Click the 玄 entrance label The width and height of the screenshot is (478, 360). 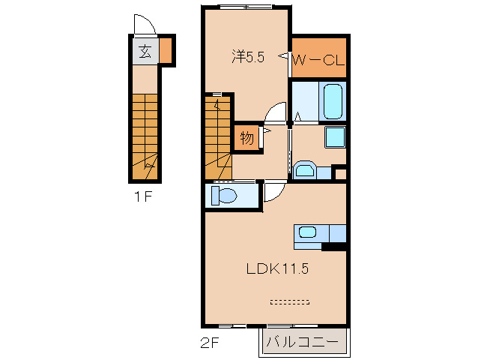pyautogui.click(x=145, y=52)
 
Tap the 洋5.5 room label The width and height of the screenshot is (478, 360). pyautogui.click(x=248, y=57)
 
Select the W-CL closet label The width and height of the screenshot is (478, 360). pyautogui.click(x=319, y=61)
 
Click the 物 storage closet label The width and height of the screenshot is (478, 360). pyautogui.click(x=247, y=138)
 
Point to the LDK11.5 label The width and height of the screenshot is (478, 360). pyautogui.click(x=277, y=268)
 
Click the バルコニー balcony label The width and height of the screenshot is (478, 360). pyautogui.click(x=303, y=342)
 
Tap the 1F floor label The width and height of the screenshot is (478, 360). pyautogui.click(x=143, y=196)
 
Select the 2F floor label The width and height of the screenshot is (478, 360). pyautogui.click(x=210, y=343)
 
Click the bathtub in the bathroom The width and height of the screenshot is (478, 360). pyautogui.click(x=333, y=101)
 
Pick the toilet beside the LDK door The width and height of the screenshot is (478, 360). pyautogui.click(x=224, y=196)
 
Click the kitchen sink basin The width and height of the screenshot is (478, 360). pyautogui.click(x=307, y=232)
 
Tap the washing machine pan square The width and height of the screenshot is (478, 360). pyautogui.click(x=335, y=137)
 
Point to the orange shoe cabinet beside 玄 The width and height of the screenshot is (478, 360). pyautogui.click(x=166, y=50)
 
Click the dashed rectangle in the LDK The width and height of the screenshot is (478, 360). pyautogui.click(x=290, y=302)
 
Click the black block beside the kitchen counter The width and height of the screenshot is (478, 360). pyautogui.click(x=334, y=247)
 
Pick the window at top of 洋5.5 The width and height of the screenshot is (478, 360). pyautogui.click(x=246, y=6)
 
